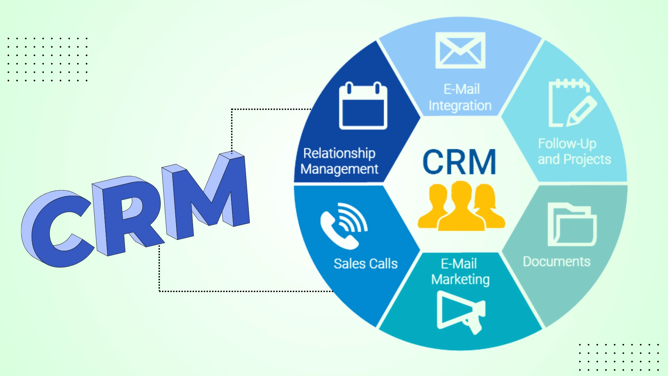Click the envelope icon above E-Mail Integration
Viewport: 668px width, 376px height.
pyautogui.click(x=460, y=50)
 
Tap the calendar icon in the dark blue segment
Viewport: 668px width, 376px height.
pyautogui.click(x=363, y=106)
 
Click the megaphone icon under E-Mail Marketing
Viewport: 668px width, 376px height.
pyautogui.click(x=460, y=312)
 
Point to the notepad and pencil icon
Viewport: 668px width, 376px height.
pyautogui.click(x=571, y=104)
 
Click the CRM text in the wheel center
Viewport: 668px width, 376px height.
pyautogui.click(x=459, y=162)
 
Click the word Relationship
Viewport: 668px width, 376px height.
pyautogui.click(x=339, y=153)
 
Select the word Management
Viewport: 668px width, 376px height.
pyautogui.click(x=339, y=170)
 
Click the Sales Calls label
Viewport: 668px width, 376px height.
pyautogui.click(x=365, y=264)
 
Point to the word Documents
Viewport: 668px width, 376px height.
pyautogui.click(x=557, y=262)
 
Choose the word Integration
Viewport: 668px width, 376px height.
pyautogui.click(x=460, y=106)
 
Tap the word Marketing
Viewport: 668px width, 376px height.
pyautogui.click(x=460, y=280)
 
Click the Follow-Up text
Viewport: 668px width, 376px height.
pyautogui.click(x=567, y=143)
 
